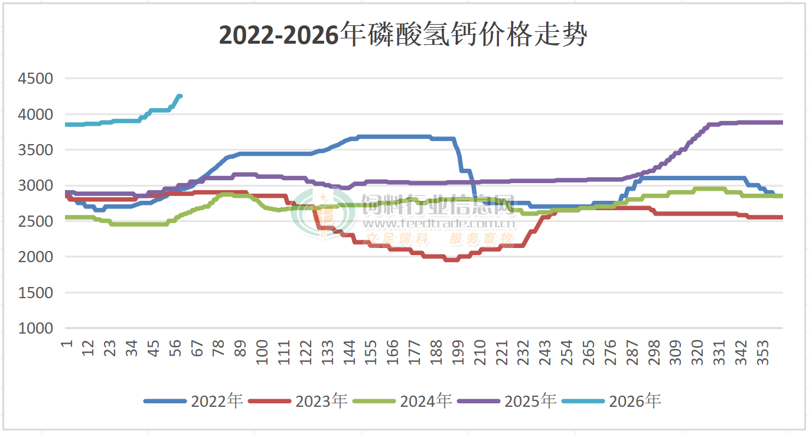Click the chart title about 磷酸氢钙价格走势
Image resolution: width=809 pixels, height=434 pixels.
tap(403, 35)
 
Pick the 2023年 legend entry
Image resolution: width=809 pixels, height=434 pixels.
tap(321, 402)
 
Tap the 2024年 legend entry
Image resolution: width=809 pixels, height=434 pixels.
tap(426, 402)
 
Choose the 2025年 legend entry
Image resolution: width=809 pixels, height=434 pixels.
tap(530, 402)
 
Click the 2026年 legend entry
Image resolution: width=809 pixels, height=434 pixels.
tap(635, 402)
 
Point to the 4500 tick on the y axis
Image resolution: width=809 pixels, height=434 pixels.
tap(36, 79)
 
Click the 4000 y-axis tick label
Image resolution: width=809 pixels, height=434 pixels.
tap(36, 114)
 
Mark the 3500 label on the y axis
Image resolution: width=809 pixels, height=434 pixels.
tap(36, 150)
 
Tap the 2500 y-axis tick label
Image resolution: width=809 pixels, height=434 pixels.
tap(36, 221)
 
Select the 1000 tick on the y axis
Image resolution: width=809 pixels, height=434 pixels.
tap(36, 328)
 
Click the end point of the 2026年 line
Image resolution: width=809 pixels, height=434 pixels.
tap(180, 96)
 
